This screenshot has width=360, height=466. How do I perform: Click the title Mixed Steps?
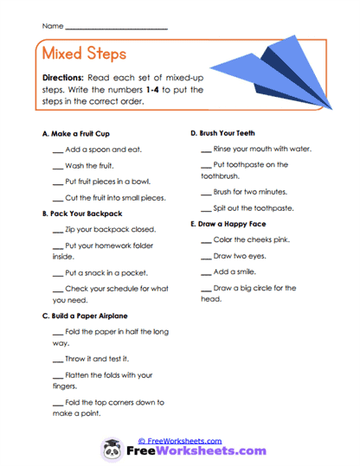(x=83, y=54)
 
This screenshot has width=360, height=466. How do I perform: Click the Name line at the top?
(x=116, y=28)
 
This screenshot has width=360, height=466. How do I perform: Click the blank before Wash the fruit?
(x=58, y=165)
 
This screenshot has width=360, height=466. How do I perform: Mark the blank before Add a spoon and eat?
(x=58, y=150)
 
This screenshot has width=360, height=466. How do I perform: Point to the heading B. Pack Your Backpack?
(x=82, y=214)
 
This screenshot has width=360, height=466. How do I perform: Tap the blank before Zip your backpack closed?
(x=58, y=230)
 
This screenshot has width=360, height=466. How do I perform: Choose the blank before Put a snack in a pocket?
(x=58, y=272)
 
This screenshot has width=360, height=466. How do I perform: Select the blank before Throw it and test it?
(x=58, y=357)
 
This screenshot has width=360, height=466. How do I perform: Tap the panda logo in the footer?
(x=112, y=450)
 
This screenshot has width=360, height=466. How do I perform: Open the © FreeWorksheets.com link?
(x=180, y=440)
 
